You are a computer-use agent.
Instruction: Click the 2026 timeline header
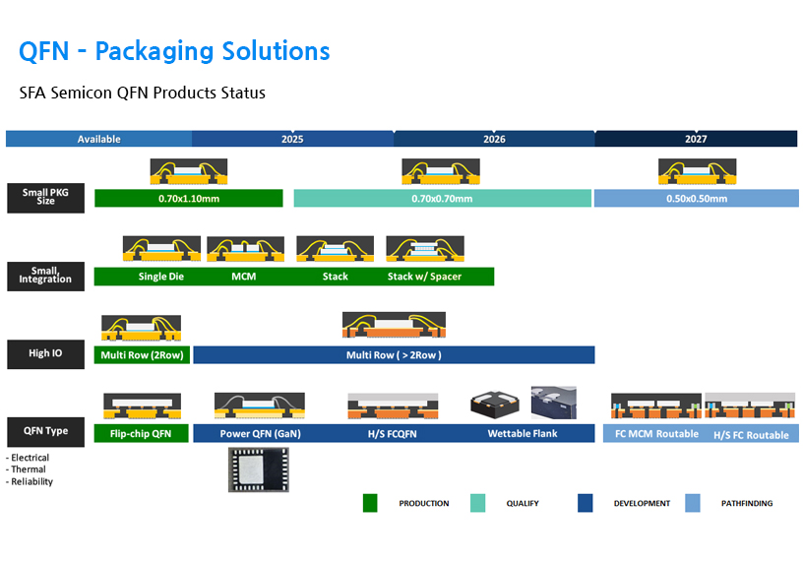click(494, 139)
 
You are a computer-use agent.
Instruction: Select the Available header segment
click(98, 139)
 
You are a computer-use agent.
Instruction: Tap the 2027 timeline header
click(696, 139)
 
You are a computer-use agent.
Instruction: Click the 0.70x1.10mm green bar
click(188, 199)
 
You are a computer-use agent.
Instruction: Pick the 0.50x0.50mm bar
click(696, 199)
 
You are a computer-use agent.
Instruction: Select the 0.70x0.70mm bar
click(442, 199)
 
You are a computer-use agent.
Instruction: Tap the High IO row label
click(45, 353)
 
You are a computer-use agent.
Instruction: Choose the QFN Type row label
click(45, 431)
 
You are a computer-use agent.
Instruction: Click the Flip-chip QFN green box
click(141, 433)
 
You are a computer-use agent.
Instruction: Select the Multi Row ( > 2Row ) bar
click(394, 355)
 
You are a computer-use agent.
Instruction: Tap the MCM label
click(243, 277)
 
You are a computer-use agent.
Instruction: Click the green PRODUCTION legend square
click(370, 503)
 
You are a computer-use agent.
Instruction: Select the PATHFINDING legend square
click(693, 503)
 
